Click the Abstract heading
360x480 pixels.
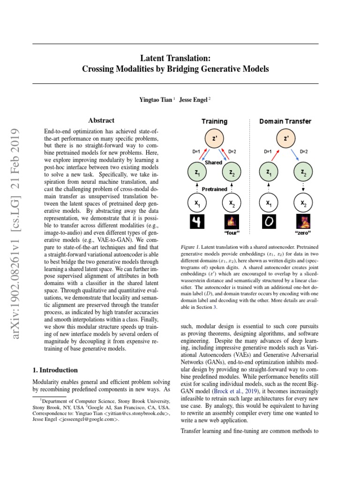click(101, 120)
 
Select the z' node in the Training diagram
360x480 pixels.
click(214, 139)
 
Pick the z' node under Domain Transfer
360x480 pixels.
click(285, 139)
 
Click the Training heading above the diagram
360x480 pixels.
click(214, 121)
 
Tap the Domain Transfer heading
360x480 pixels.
click(285, 121)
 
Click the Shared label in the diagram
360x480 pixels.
click(213, 162)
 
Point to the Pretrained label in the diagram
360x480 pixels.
click(214, 189)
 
